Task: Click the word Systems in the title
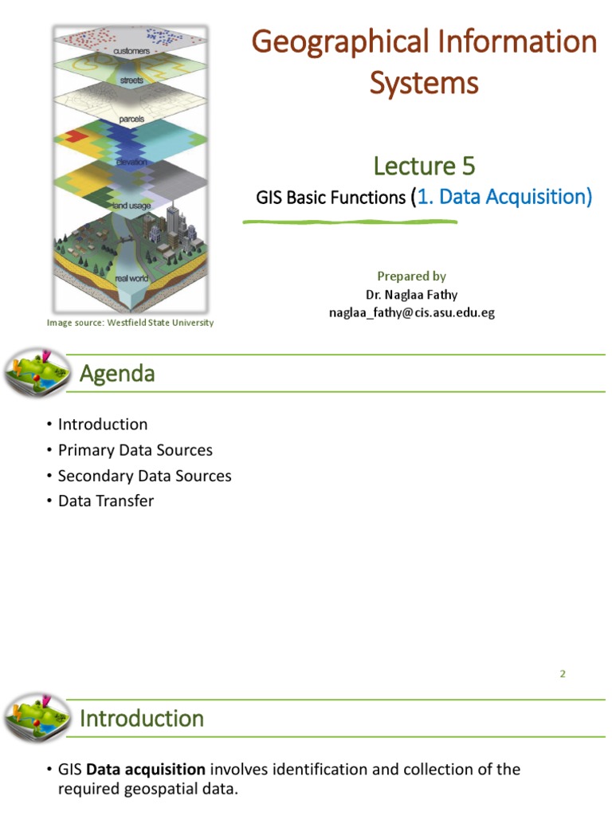[x=424, y=82]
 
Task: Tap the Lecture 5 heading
[x=424, y=166]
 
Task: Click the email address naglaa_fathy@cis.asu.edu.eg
[x=412, y=312]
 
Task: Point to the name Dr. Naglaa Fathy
[x=412, y=294]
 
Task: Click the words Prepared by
[x=411, y=276]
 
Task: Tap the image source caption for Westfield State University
[x=130, y=323]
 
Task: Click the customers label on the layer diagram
[x=131, y=50]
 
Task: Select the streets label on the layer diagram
[x=131, y=80]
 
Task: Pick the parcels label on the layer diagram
[x=131, y=118]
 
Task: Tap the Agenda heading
[x=117, y=373]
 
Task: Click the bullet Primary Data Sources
[x=135, y=450]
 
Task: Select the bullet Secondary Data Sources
[x=144, y=476]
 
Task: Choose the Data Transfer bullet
[x=106, y=501]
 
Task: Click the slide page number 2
[x=562, y=673]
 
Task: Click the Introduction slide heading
[x=142, y=718]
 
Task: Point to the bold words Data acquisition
[x=146, y=770]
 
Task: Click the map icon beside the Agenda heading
[x=37, y=372]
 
